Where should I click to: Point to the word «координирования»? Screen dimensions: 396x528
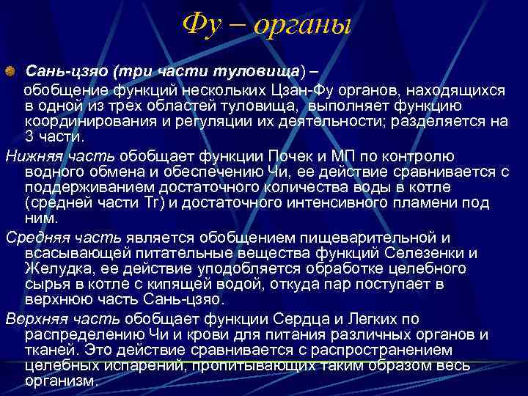point(84,122)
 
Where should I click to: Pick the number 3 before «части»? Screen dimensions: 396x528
point(29,137)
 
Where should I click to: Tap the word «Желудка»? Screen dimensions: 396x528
point(54,269)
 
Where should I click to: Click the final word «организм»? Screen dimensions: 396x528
point(60,381)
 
